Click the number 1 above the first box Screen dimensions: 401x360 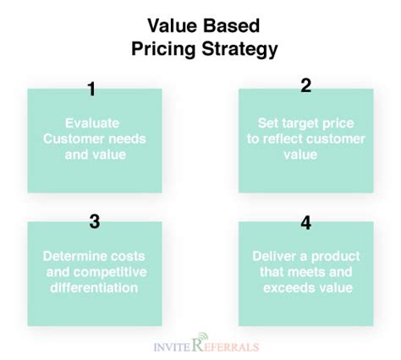[91, 89]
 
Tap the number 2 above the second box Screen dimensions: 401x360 [306, 85]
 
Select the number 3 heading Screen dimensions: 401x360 [95, 221]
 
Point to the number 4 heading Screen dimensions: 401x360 [306, 223]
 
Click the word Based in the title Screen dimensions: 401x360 [231, 25]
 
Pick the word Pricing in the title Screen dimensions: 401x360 [163, 50]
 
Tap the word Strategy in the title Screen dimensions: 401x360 [239, 50]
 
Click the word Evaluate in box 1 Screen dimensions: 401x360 [92, 123]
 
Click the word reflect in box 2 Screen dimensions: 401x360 [283, 139]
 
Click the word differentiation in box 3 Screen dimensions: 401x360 [94, 287]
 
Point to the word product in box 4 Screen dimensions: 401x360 [335, 257]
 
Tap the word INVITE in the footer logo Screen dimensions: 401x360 [172, 346]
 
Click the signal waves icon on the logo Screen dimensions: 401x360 [203, 336]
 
